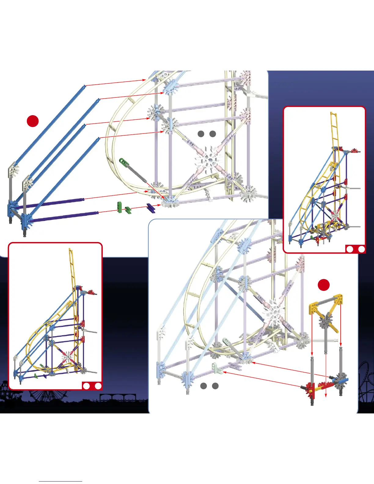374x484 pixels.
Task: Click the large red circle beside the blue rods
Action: (x=33, y=121)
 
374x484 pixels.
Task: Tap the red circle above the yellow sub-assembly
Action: (x=324, y=285)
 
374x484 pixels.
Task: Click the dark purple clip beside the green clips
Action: (x=151, y=208)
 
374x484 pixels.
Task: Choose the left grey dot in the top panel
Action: (x=201, y=134)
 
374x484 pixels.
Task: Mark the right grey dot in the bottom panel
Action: (x=215, y=386)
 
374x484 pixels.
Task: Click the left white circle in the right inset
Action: (x=350, y=249)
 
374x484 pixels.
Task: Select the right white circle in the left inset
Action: (x=98, y=386)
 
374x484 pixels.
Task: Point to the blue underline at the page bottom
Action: (x=61, y=482)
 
